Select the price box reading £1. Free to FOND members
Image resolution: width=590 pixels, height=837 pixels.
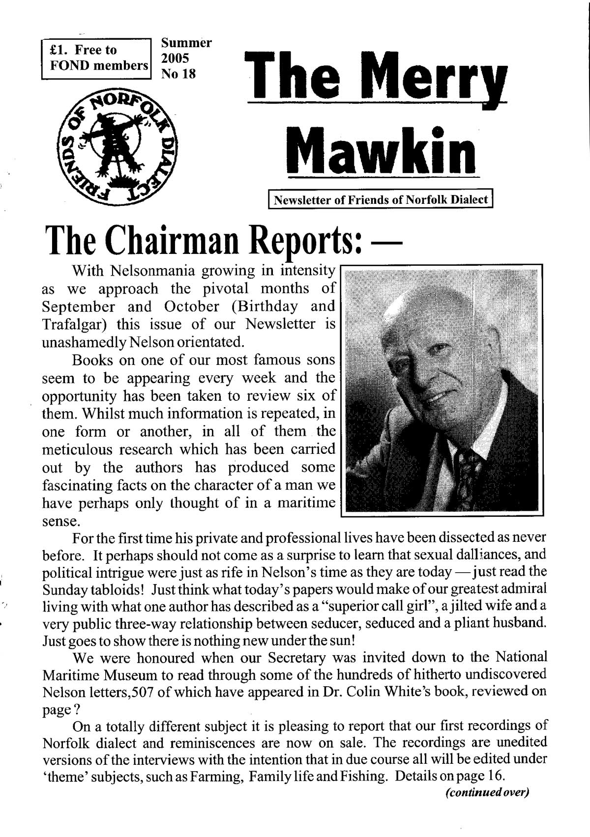coord(95,58)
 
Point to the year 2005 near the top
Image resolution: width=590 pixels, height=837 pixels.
coord(175,58)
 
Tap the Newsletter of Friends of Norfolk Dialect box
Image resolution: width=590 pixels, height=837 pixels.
coord(380,200)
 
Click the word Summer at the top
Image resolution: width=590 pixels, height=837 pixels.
coord(186,43)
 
